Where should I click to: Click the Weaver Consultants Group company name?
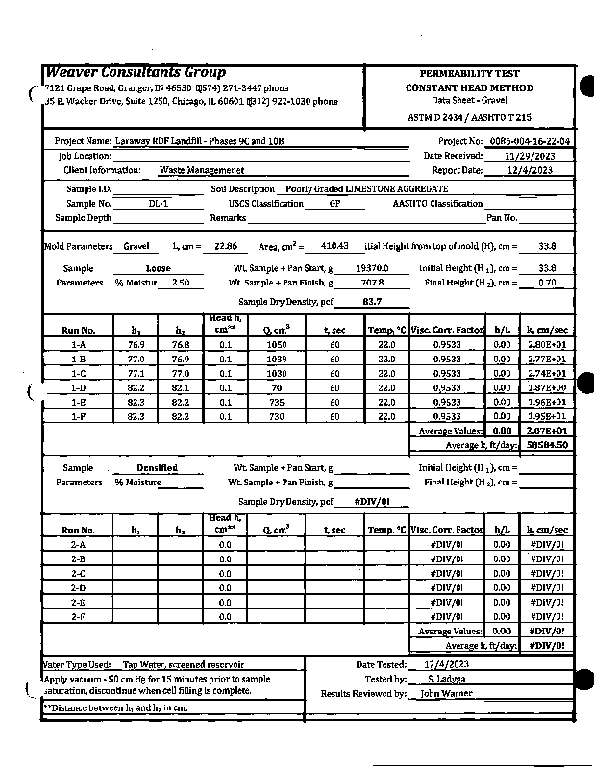click(x=136, y=73)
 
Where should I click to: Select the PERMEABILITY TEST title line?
click(x=469, y=74)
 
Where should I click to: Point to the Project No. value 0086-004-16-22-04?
click(x=530, y=141)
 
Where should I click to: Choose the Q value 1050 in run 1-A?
click(x=277, y=344)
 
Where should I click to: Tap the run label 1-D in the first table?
click(x=79, y=387)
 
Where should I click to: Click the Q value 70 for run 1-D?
click(x=277, y=387)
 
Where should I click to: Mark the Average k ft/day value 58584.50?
click(x=548, y=445)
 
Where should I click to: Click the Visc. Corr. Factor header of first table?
click(x=445, y=330)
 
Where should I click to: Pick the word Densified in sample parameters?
click(x=158, y=468)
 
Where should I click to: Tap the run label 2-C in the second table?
click(x=79, y=573)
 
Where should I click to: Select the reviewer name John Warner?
click(x=446, y=693)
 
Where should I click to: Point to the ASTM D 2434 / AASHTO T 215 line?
click(x=469, y=116)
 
